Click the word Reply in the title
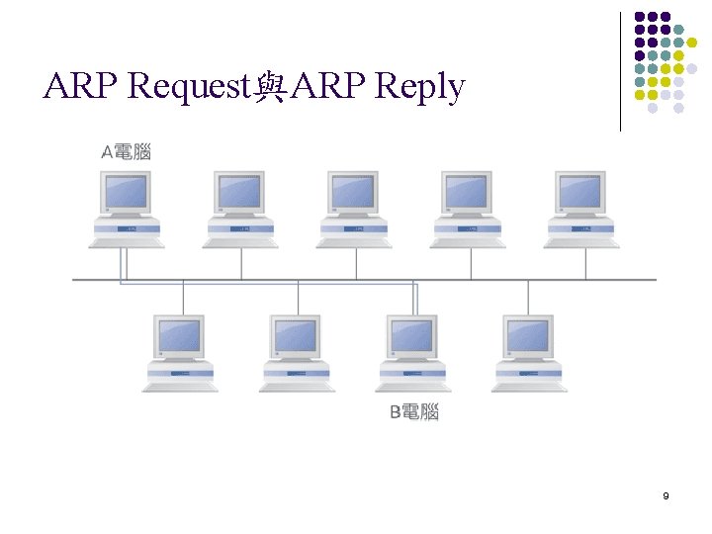point(420,89)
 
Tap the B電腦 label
point(413,411)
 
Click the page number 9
point(666,494)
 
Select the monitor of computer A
point(127,192)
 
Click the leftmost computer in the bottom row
point(180,352)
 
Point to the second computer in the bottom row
point(297,352)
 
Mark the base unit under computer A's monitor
point(127,231)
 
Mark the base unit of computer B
point(412,376)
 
